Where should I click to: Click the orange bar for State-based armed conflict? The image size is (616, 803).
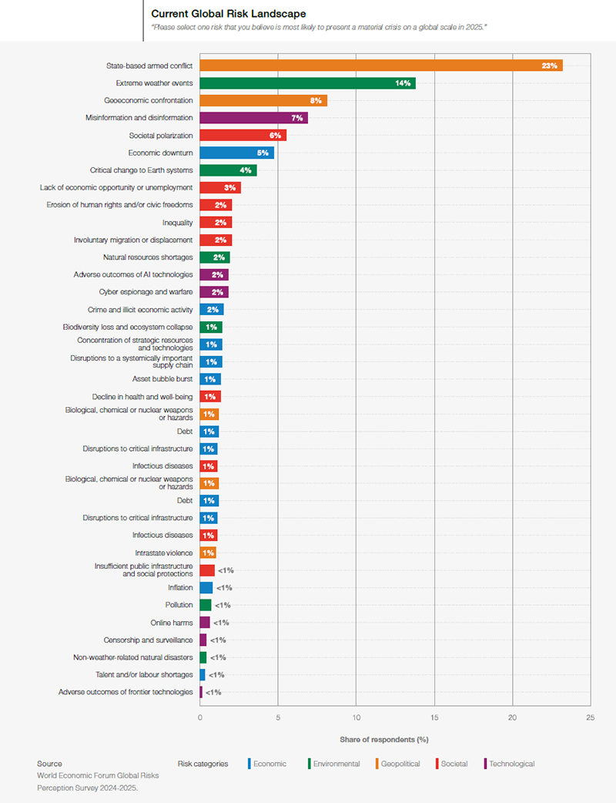(x=380, y=66)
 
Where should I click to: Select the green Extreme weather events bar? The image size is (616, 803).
(x=307, y=83)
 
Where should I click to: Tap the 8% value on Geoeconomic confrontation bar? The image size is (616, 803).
(x=316, y=100)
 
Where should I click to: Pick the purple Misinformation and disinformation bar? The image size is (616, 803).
(x=253, y=118)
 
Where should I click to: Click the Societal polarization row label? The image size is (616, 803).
(x=161, y=136)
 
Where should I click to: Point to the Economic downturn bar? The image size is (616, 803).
(x=236, y=153)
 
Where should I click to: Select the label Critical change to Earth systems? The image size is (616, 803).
(x=142, y=170)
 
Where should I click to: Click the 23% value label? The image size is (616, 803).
(x=549, y=66)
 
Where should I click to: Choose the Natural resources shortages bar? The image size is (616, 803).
(x=215, y=257)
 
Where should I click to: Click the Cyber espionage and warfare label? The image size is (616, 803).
(x=146, y=292)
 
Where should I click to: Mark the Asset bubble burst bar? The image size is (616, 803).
(x=210, y=379)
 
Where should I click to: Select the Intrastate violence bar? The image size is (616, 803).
(x=208, y=553)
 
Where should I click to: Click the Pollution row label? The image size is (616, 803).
(x=179, y=605)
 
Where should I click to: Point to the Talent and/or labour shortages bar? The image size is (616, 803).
(x=203, y=674)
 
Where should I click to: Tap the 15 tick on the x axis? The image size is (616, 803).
(x=434, y=716)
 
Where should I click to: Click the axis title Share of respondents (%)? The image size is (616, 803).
(x=383, y=740)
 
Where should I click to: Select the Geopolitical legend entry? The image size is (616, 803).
(x=399, y=764)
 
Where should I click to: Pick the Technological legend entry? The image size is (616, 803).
(x=511, y=764)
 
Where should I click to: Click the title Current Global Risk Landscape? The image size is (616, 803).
(x=228, y=14)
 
